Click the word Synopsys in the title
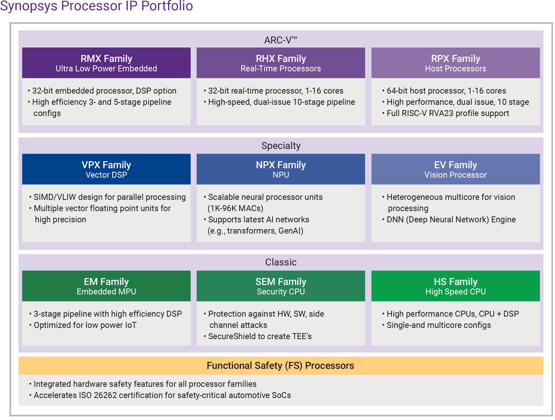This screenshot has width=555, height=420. coord(29,6)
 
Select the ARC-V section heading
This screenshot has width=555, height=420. coord(280,40)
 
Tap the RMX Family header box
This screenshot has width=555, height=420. coord(106,63)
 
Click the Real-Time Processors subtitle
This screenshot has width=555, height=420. coord(281,68)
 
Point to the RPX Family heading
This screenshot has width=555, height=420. coord(455,59)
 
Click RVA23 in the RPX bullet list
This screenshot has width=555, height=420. coord(441,113)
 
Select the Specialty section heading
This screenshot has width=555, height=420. coord(281,146)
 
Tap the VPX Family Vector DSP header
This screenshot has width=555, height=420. coord(106,169)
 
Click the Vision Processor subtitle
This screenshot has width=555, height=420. coord(455,175)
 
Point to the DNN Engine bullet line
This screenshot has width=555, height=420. coord(451,220)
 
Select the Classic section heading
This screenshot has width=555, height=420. coord(281,262)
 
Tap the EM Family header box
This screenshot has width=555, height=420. coord(106,286)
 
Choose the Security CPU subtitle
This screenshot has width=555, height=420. coord(281,292)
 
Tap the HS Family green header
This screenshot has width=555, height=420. coord(455,286)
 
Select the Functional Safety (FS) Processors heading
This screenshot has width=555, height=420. coord(280,366)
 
